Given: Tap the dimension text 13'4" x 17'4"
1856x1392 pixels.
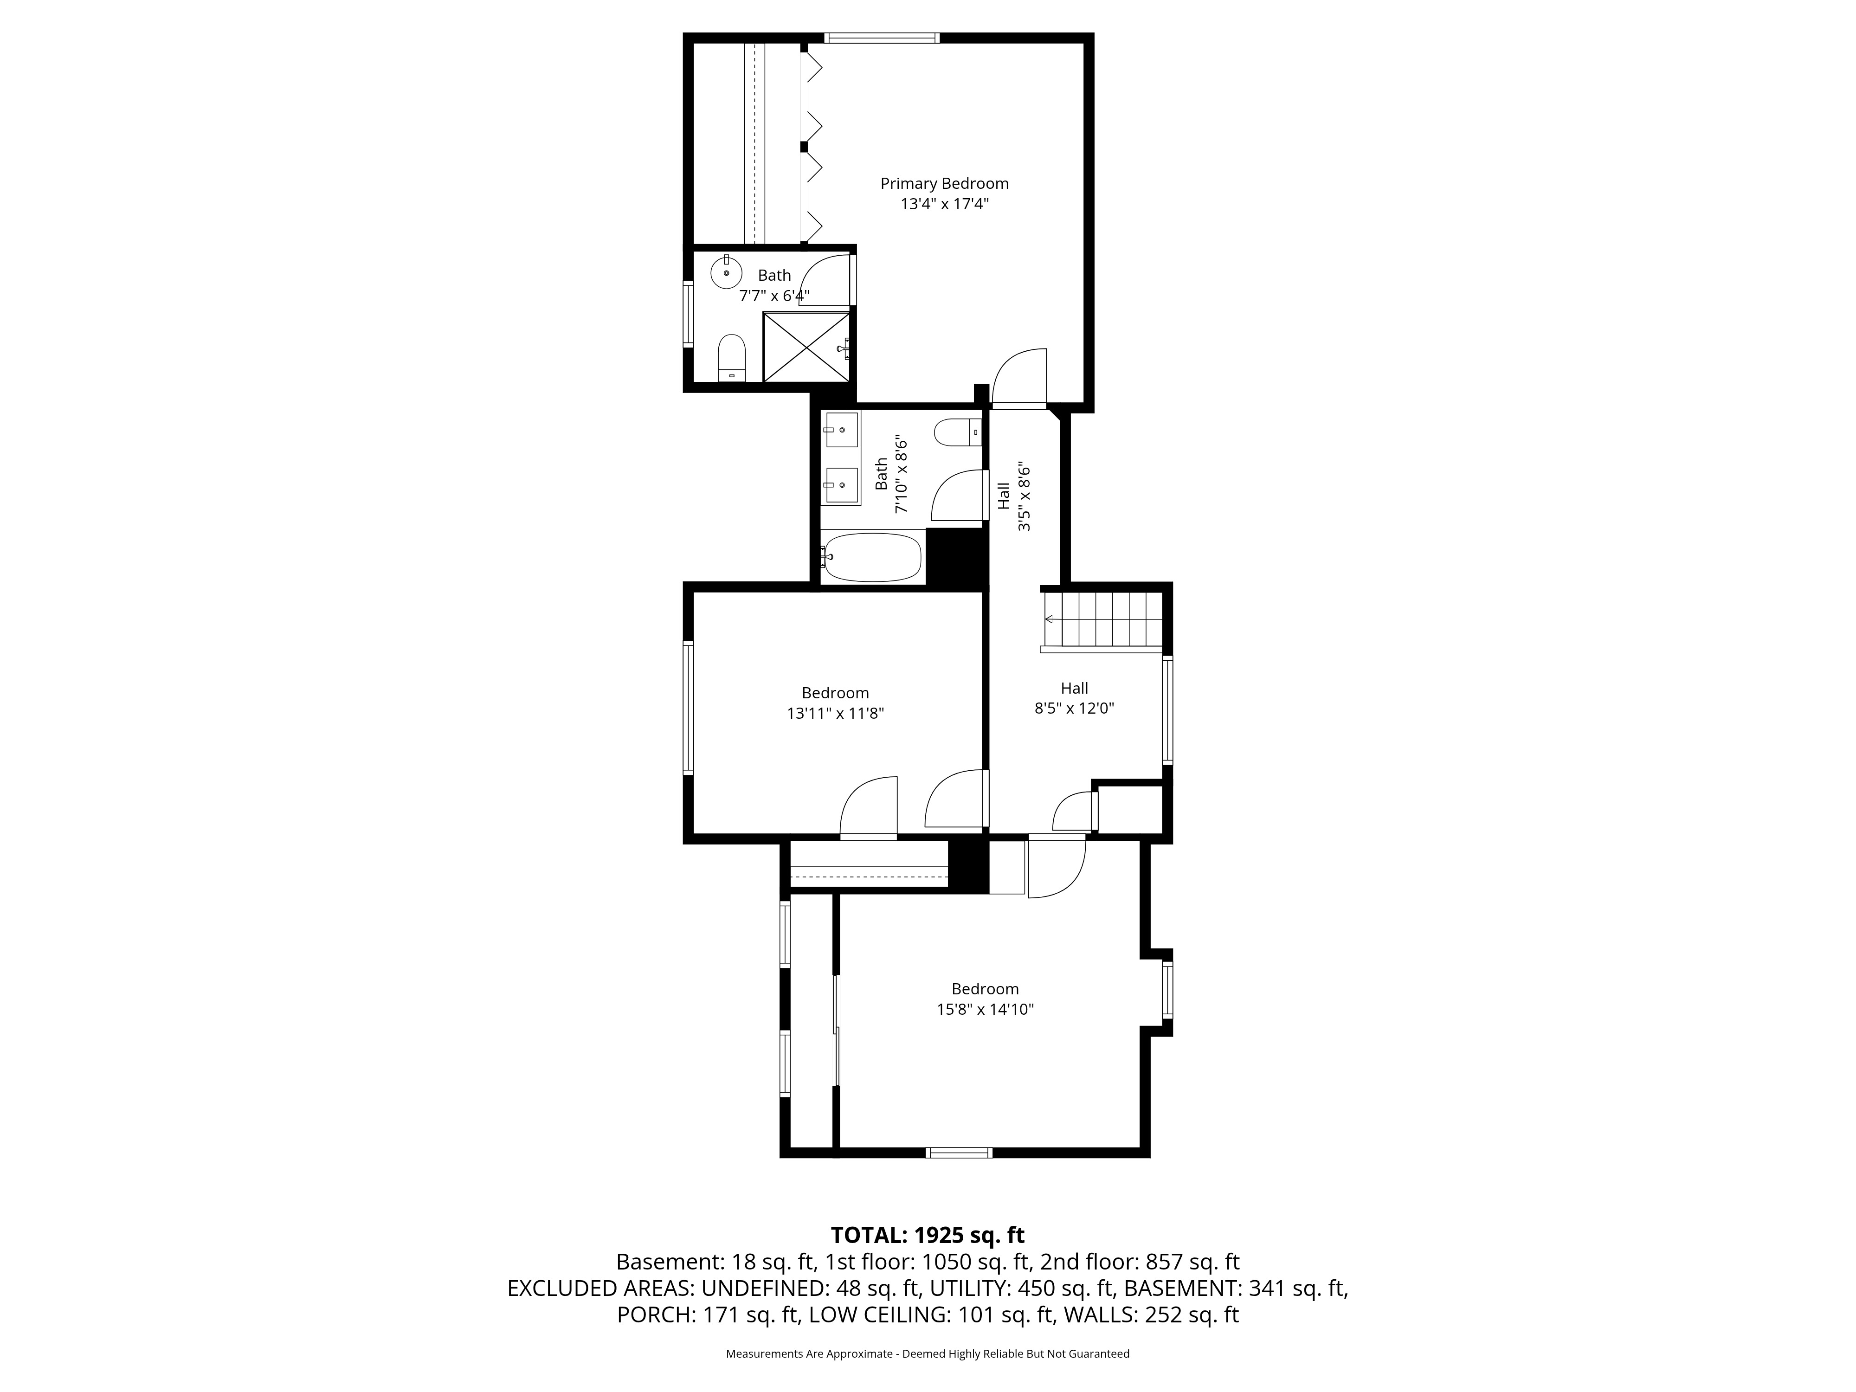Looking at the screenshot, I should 944,204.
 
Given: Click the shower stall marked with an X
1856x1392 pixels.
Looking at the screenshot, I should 806,347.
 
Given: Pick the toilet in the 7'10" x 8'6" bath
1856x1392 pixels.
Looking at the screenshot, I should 956,432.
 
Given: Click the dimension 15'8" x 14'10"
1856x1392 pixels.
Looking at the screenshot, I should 985,1009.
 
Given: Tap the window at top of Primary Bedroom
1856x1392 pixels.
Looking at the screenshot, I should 881,38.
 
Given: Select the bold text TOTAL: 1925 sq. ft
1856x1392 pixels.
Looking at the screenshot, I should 927,1235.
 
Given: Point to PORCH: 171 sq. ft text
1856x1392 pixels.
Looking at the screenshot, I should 707,1315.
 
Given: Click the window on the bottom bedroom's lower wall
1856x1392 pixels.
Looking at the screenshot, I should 959,1153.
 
